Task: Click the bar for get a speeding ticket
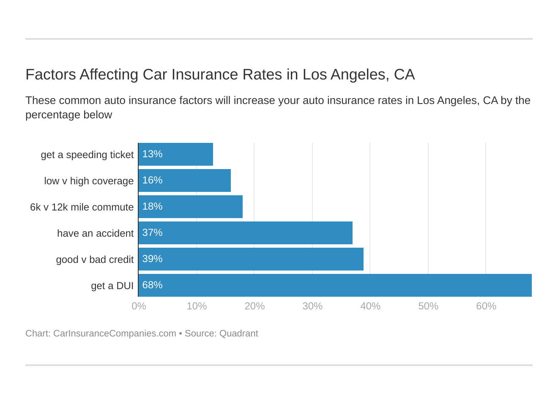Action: click(x=176, y=154)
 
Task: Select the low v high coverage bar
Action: click(x=185, y=180)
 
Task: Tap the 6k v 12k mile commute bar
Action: click(x=191, y=207)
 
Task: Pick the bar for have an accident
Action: click(x=246, y=233)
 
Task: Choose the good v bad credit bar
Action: click(x=251, y=259)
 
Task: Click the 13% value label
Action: click(x=152, y=154)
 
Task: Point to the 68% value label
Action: click(x=152, y=285)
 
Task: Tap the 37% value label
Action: click(x=152, y=233)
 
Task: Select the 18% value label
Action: click(x=152, y=207)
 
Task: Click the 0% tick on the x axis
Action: click(x=139, y=306)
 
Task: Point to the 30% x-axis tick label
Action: click(x=312, y=306)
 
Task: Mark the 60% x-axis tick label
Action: click(x=486, y=306)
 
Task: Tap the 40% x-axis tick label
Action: click(x=370, y=306)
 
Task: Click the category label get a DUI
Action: click(x=112, y=286)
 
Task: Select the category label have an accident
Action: click(x=95, y=234)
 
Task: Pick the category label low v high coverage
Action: click(x=89, y=181)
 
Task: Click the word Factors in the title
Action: click(x=51, y=75)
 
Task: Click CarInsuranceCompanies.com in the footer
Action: click(x=115, y=333)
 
